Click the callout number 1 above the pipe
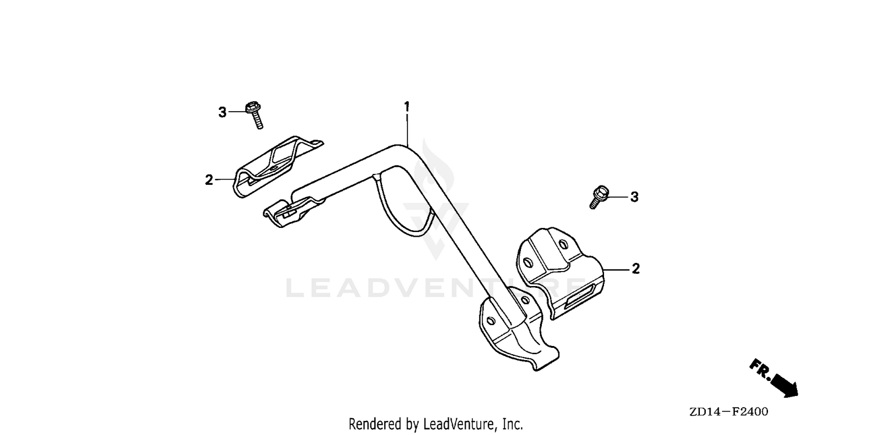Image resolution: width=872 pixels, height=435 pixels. [x=407, y=106]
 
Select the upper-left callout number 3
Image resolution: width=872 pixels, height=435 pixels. [x=222, y=113]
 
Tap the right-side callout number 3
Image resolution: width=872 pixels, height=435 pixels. [x=635, y=197]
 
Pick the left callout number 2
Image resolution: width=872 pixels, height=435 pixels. [x=209, y=180]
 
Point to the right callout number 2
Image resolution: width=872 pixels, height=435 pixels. [x=636, y=269]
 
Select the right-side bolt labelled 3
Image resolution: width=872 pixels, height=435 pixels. [x=599, y=197]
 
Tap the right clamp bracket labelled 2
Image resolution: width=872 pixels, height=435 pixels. [x=560, y=273]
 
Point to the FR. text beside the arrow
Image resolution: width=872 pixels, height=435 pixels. [x=760, y=369]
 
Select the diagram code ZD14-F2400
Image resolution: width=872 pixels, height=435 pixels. [x=729, y=412]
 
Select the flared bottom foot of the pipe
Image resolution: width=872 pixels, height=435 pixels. [x=518, y=335]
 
